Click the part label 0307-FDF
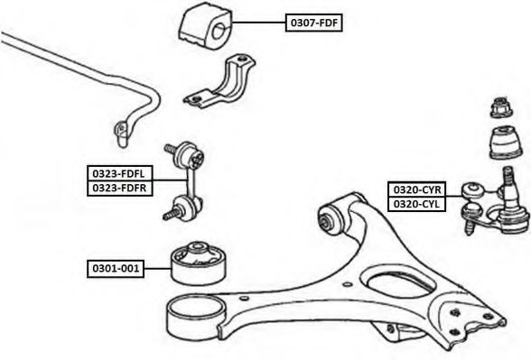314,23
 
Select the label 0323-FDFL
119,173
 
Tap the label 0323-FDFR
119,188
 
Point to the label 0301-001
116,269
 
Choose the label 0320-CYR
416,189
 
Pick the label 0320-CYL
416,204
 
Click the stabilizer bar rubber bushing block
205,25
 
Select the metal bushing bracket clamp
220,82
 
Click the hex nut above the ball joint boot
501,107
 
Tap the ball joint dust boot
507,143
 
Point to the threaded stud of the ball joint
508,177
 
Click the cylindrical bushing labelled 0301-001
199,263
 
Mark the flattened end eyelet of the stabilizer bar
121,134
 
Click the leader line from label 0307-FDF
259,23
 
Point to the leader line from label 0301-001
157,269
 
